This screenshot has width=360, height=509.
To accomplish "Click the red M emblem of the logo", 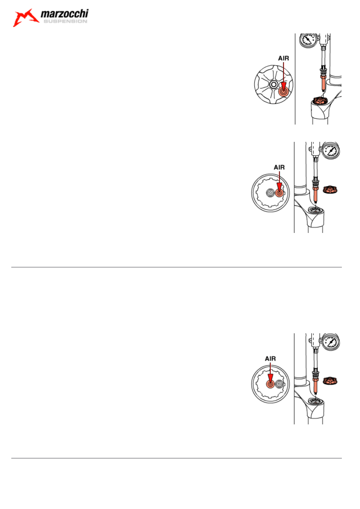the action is (25, 18).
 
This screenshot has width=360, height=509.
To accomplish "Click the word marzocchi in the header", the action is (65, 14).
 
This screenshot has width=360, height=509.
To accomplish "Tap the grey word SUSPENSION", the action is (65, 21).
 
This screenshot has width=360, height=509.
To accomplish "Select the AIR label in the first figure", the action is (284, 58).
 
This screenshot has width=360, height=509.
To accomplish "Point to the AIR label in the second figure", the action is (279, 168).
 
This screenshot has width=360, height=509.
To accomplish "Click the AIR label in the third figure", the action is (271, 359).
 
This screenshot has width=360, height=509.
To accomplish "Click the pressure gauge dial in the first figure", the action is (308, 40).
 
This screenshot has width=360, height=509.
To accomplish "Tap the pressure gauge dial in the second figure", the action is (331, 150).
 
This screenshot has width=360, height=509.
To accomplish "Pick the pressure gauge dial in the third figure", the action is (331, 342).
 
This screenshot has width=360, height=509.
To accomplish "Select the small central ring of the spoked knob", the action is (274, 85).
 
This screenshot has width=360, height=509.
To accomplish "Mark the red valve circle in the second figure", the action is (279, 193).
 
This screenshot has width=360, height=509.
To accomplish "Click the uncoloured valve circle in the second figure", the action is (270, 193).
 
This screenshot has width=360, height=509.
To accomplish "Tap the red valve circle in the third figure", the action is (270, 384).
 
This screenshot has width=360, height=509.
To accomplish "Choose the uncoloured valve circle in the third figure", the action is (279, 384).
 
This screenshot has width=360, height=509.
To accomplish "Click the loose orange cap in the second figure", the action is (330, 189).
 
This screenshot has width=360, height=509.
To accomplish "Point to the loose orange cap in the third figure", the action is (330, 381).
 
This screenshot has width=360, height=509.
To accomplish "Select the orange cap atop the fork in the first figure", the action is (320, 100).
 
